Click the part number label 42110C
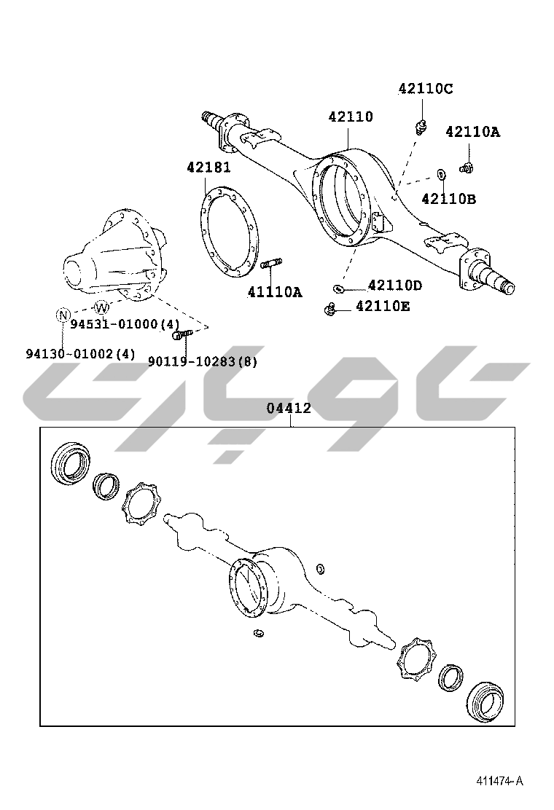point(425,89)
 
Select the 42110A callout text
point(473,133)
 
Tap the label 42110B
point(448,199)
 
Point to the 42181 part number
point(208,168)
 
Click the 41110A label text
point(275,292)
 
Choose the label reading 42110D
point(395,285)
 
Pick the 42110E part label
point(383,307)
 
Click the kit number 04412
point(289,408)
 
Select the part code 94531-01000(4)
point(125,324)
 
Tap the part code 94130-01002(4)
point(81,354)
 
